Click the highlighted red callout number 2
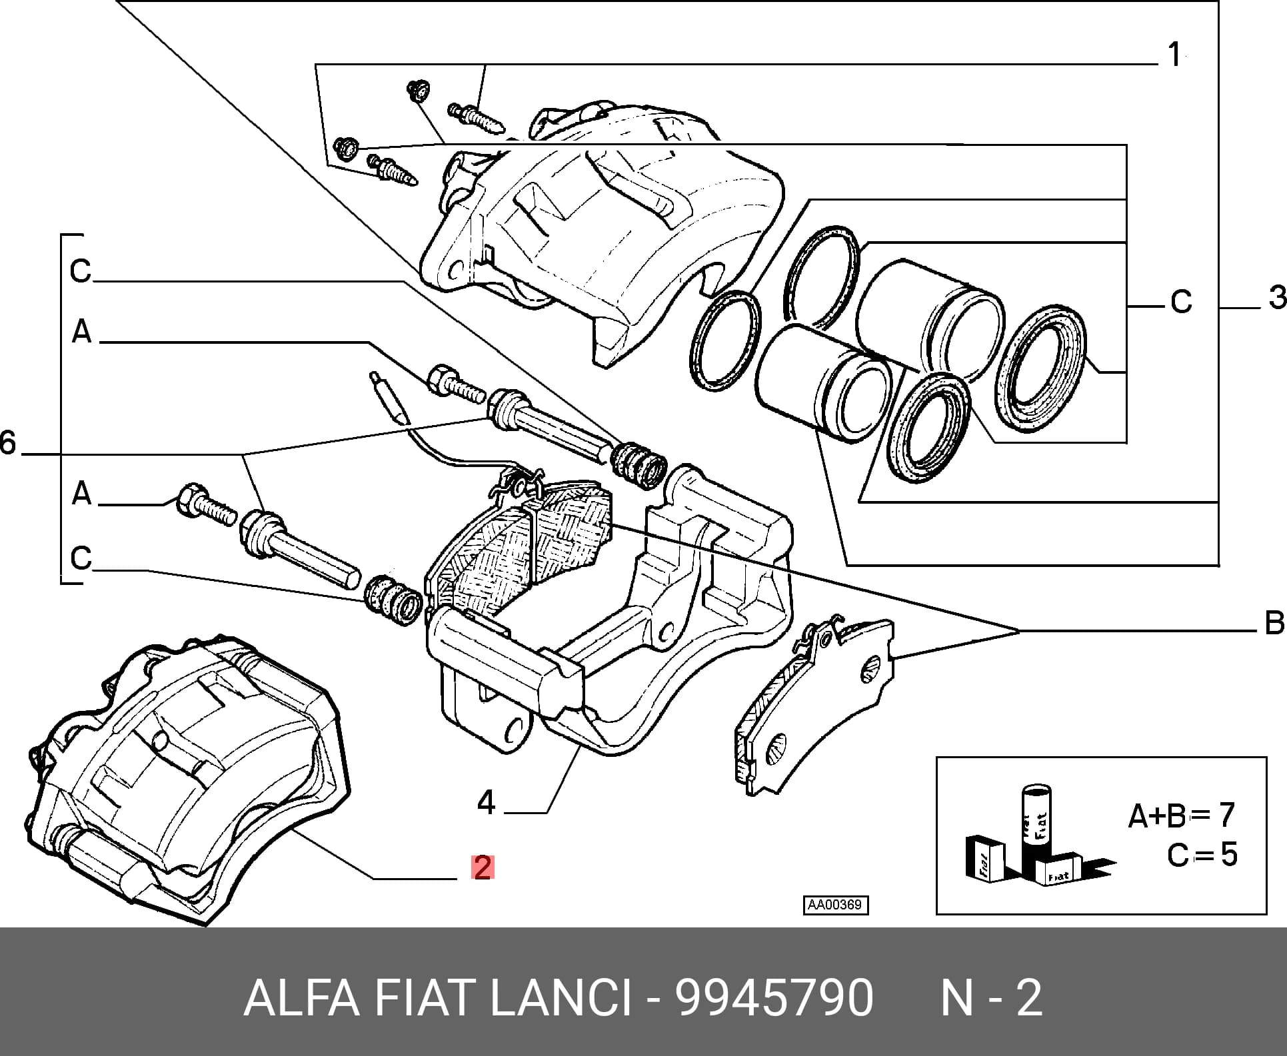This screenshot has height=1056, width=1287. (482, 867)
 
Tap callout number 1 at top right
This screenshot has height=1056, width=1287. (1174, 54)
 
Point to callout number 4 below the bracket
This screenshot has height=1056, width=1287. (486, 802)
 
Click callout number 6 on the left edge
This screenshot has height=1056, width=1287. (7, 442)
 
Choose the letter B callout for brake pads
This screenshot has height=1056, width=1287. (1274, 623)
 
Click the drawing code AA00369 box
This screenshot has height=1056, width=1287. (836, 905)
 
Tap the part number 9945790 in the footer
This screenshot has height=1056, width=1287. (773, 998)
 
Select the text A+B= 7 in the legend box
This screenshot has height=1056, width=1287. (1181, 815)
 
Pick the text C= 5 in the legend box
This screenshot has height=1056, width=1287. (1202, 854)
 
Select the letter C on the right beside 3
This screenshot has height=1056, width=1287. (1181, 302)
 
